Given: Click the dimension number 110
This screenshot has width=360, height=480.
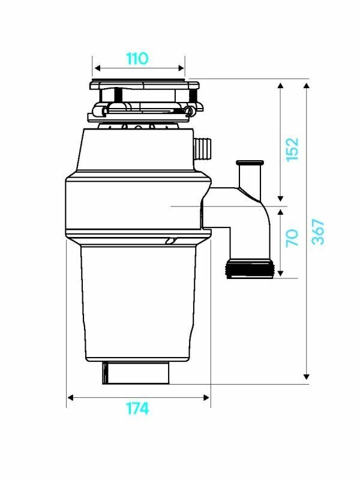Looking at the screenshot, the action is [137, 59].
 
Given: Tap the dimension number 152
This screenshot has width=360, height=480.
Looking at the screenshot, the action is [292, 149].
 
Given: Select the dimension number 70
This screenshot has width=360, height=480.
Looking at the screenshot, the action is [292, 238].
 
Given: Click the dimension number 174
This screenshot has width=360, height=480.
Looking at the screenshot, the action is [137, 408].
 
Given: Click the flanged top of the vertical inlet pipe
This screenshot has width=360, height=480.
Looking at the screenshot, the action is [249, 163].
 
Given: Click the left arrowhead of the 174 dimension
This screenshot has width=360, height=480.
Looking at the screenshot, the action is [70, 397].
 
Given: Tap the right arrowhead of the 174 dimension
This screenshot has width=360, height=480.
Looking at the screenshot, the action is [207, 397].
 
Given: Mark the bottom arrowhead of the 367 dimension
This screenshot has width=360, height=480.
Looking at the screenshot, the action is [307, 376].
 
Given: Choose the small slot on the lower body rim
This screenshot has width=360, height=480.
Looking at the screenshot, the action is [171, 241].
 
